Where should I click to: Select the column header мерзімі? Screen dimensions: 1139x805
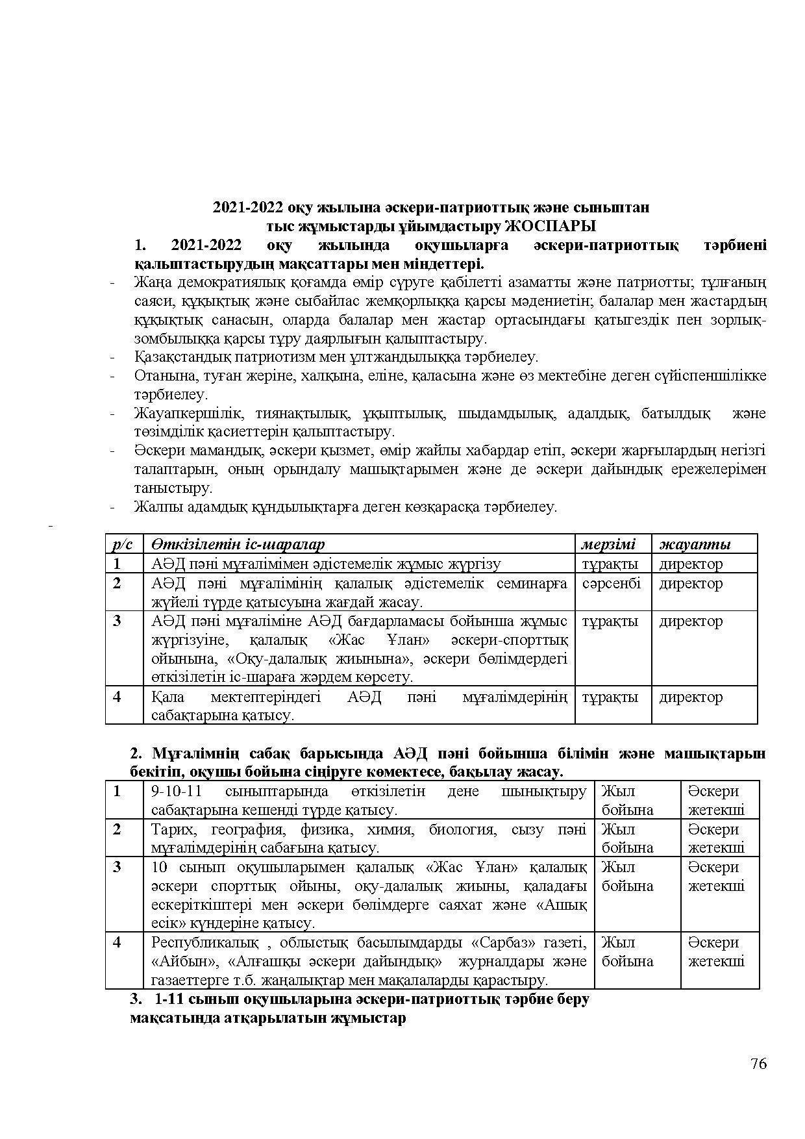[x=608, y=544]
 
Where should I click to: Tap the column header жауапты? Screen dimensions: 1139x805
[x=695, y=544]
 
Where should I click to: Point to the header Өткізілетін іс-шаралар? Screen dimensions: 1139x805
[x=238, y=544]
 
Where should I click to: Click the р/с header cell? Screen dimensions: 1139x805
[x=123, y=544]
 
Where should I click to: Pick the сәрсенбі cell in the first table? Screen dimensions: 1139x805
[x=612, y=583]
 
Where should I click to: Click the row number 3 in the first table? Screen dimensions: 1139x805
[x=117, y=621]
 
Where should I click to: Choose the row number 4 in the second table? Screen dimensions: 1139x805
[x=117, y=942]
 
